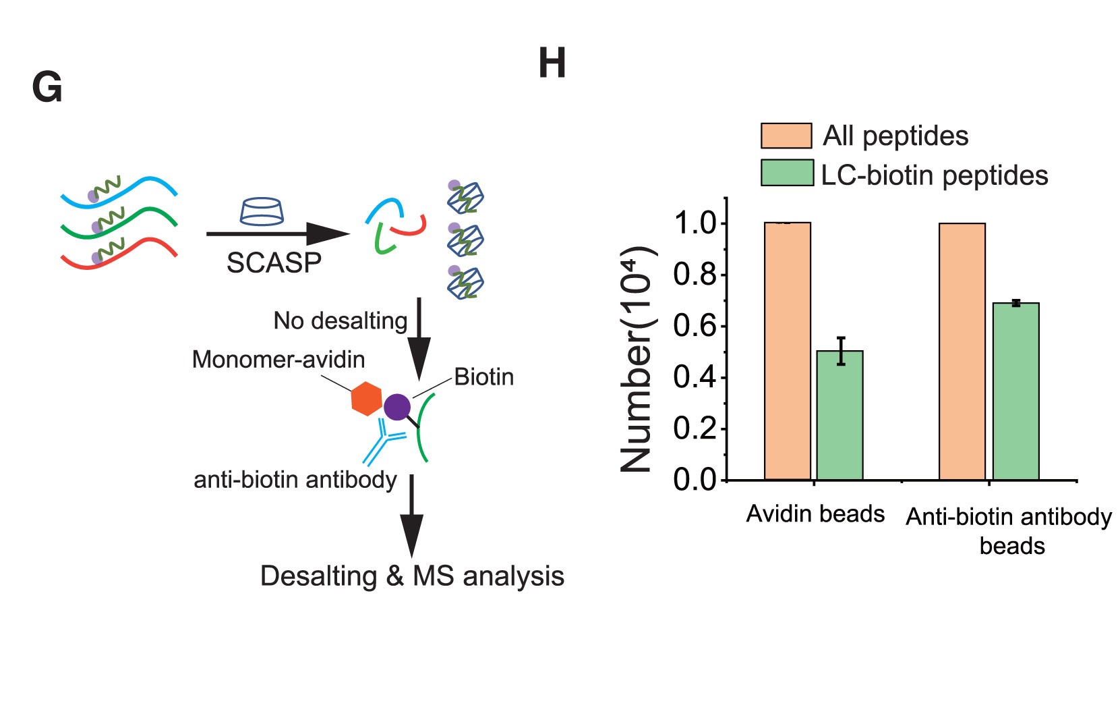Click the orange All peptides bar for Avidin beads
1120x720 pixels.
tap(787, 351)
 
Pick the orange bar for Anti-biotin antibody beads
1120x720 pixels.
tap(962, 351)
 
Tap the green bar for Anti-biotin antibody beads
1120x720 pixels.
tap(1015, 391)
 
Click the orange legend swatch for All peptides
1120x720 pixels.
tap(786, 136)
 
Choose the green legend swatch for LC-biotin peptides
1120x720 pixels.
tap(787, 173)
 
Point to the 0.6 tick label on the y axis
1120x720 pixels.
tap(694, 327)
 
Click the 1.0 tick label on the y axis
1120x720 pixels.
tap(694, 223)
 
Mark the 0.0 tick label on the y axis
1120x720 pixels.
tap(694, 480)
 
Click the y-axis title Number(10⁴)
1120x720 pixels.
tap(637, 360)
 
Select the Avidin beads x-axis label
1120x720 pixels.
tap(815, 514)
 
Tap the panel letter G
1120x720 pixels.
tap(47, 88)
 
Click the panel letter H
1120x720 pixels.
tap(552, 64)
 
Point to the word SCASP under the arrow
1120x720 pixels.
tap(274, 263)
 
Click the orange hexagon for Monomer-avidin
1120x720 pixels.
tap(366, 399)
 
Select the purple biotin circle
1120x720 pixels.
tap(396, 407)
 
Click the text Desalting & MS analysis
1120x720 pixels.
tap(412, 576)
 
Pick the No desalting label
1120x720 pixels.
tap(340, 321)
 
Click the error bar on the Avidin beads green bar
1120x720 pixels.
tap(840, 351)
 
